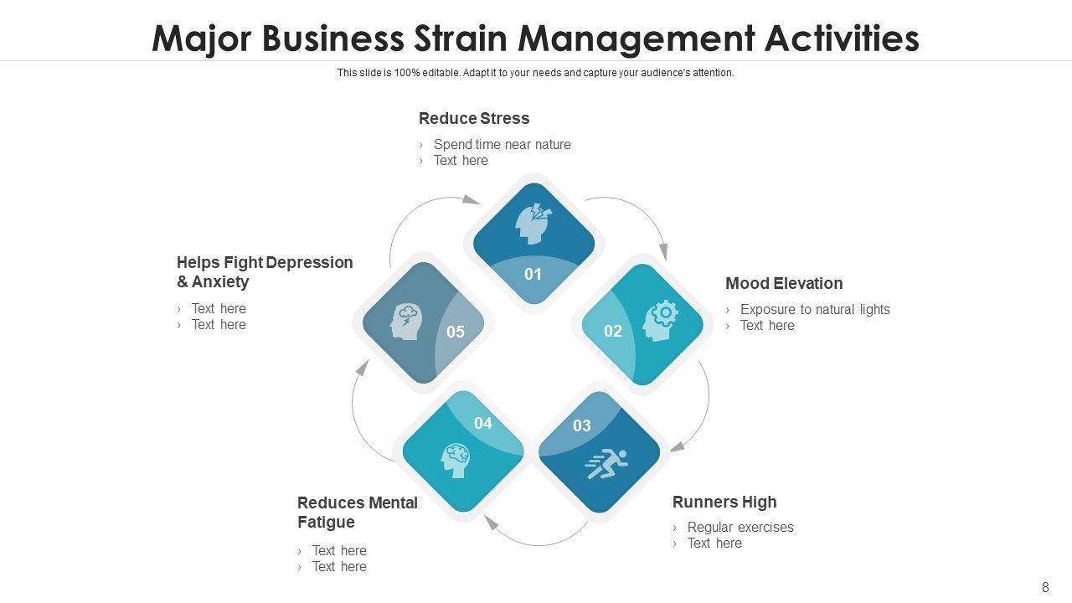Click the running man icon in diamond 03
(606, 463)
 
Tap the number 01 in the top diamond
(533, 274)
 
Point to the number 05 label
(456, 332)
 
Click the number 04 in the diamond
(483, 423)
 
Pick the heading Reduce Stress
(474, 118)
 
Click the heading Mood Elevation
(784, 283)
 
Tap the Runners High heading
(724, 502)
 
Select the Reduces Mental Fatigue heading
(358, 512)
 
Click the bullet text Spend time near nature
(502, 144)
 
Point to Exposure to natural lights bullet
(815, 309)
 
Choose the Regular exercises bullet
(740, 527)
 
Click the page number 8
(1045, 587)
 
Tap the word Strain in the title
(459, 39)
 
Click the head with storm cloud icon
(406, 321)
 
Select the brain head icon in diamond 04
(456, 460)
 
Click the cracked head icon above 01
(533, 224)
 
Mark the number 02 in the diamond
(613, 331)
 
